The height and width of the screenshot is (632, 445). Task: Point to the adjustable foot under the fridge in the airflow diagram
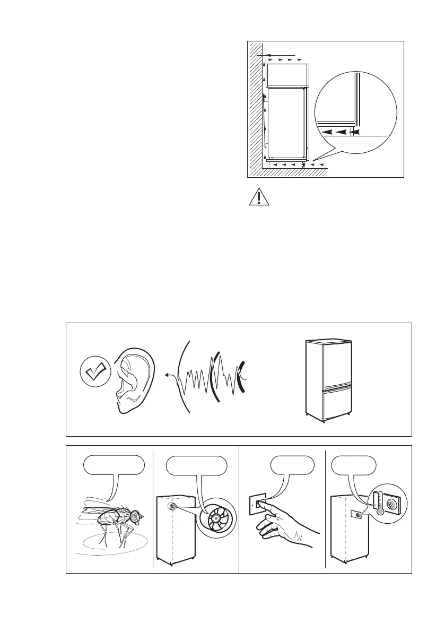[303, 166]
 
